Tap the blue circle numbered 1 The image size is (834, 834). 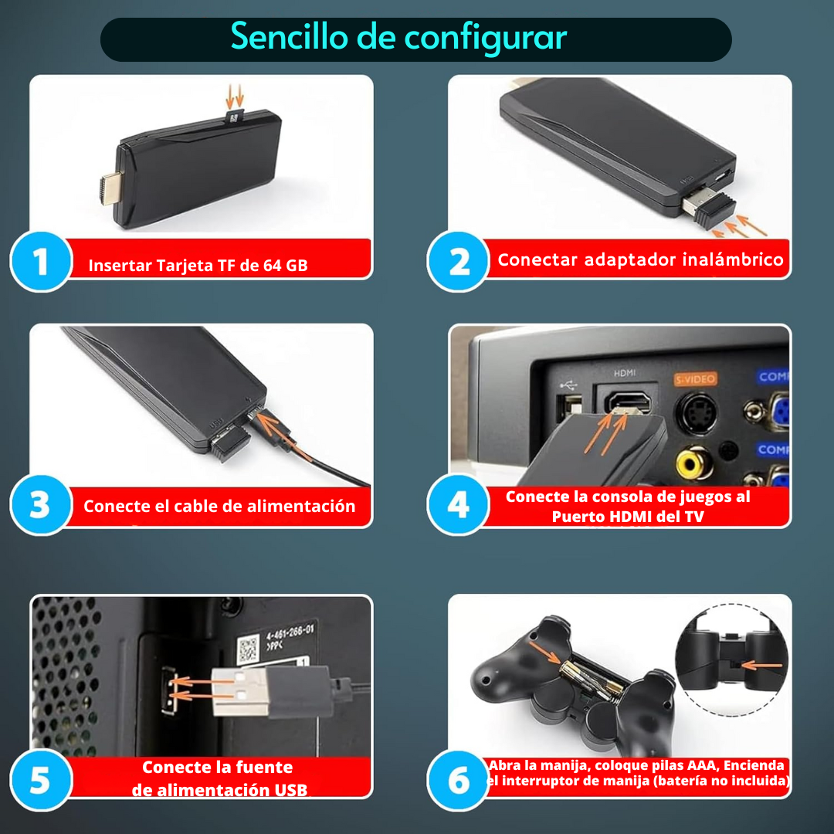[x=41, y=261]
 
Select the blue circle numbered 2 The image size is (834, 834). [x=458, y=261]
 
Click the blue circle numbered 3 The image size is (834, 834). [x=41, y=504]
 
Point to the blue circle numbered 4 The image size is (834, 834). [x=458, y=504]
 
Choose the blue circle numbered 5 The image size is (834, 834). [x=41, y=780]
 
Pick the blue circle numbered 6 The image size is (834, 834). [x=458, y=780]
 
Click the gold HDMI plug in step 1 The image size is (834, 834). [x=110, y=189]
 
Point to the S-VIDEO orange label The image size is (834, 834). [x=695, y=379]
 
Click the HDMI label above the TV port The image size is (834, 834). [x=625, y=373]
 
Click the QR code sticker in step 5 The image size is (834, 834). [x=248, y=649]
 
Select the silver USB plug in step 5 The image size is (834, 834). [x=241, y=692]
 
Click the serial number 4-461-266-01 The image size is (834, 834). [x=290, y=632]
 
